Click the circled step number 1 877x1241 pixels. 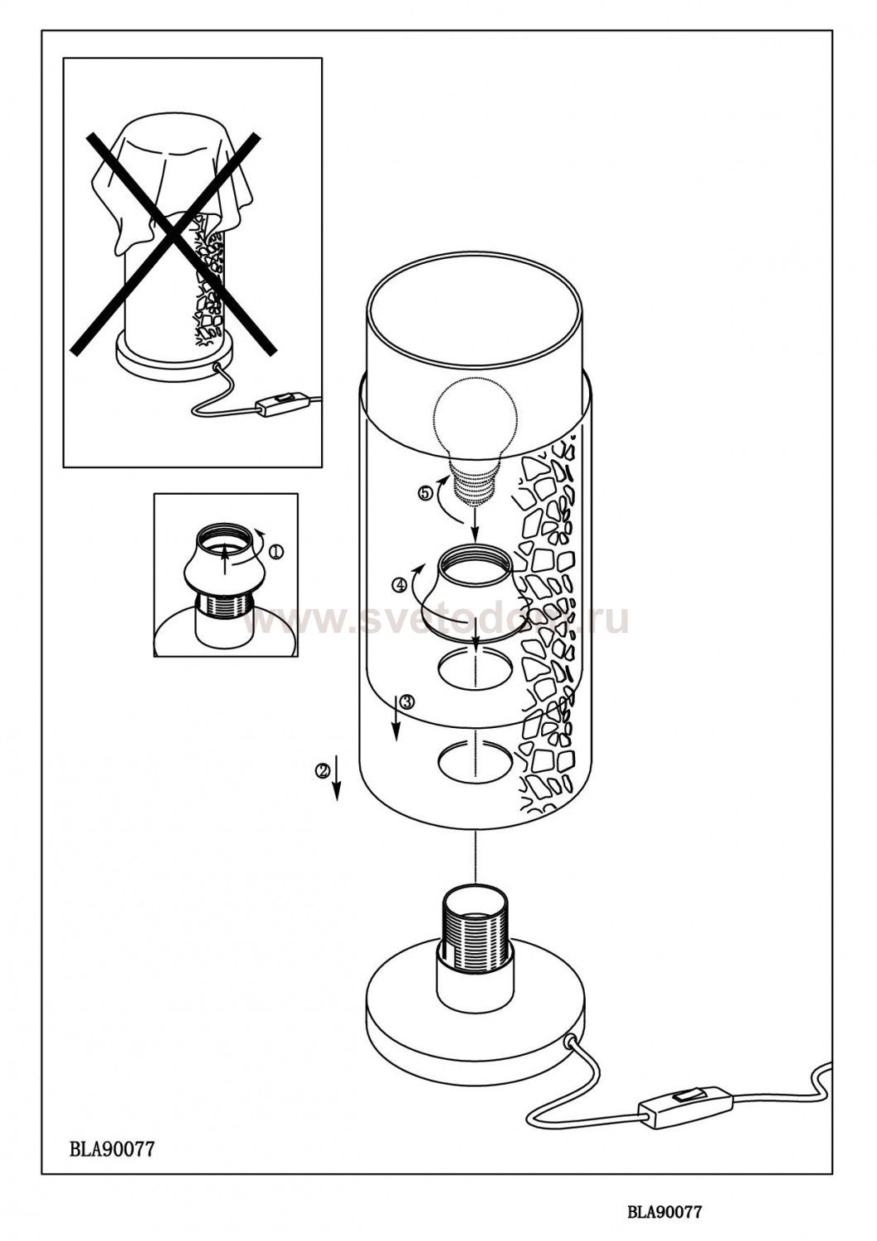tap(276, 551)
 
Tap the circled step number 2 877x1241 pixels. tap(323, 770)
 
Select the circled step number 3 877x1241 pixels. tap(407, 702)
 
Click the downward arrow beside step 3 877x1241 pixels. tap(396, 717)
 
